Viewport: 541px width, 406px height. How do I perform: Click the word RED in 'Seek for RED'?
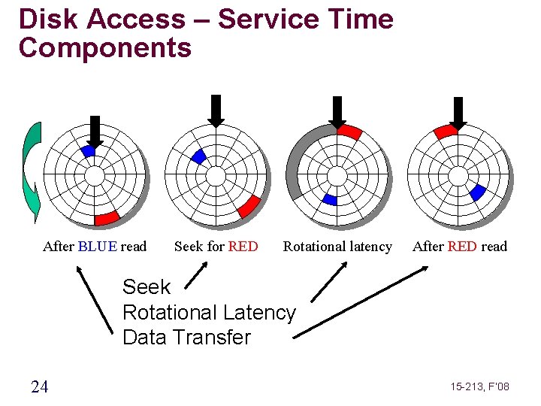[x=243, y=247]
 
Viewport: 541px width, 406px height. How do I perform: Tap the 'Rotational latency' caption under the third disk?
[x=337, y=247]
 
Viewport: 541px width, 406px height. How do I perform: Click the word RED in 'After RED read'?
[x=463, y=247]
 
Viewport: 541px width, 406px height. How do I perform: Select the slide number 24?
[x=40, y=387]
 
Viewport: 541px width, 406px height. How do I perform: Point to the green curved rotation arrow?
[x=31, y=173]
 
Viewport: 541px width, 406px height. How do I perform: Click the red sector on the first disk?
[x=107, y=218]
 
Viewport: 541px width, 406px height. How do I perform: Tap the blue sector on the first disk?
[x=89, y=151]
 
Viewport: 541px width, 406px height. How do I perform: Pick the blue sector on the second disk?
[x=198, y=156]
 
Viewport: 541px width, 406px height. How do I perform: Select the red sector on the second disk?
[x=248, y=206]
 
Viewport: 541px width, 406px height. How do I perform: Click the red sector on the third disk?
[x=349, y=132]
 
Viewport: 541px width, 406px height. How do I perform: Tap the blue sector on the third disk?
[x=329, y=199]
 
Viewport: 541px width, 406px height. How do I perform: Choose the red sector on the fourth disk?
[x=446, y=132]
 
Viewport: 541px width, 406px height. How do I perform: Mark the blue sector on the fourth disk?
[x=476, y=193]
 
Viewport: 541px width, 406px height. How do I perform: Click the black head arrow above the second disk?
[x=216, y=111]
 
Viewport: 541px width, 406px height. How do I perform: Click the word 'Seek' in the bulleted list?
[x=147, y=287]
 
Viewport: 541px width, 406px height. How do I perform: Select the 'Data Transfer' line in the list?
[x=186, y=338]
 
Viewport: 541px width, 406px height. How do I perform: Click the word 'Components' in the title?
[x=105, y=48]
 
